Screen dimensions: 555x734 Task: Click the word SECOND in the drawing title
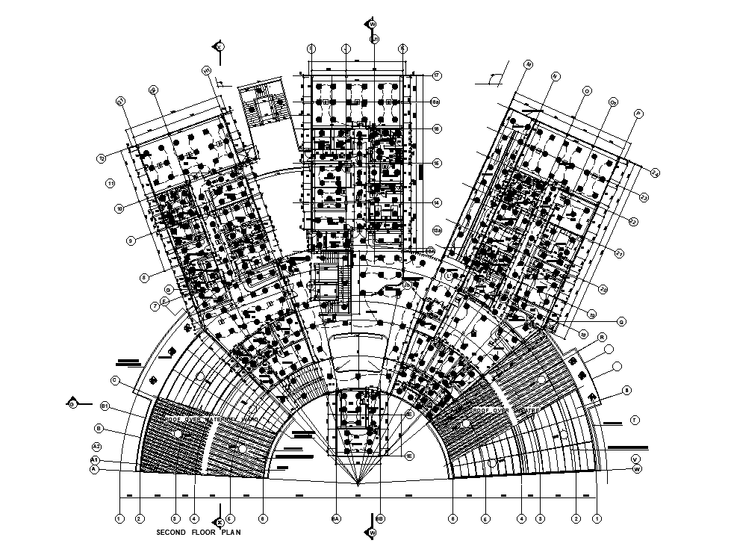(x=170, y=533)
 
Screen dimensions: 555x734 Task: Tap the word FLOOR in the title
(x=204, y=533)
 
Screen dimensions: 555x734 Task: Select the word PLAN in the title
(x=231, y=533)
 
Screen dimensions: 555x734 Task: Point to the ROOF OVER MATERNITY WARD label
(x=211, y=421)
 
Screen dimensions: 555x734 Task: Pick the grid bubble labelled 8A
(x=336, y=518)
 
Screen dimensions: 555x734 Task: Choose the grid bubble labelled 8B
(x=380, y=518)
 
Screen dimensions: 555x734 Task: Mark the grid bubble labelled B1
(x=105, y=406)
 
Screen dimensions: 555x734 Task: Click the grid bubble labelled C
(x=116, y=380)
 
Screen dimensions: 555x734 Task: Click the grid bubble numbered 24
(x=655, y=173)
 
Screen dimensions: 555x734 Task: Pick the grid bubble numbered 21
(x=619, y=254)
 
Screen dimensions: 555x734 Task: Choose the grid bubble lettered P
(x=638, y=114)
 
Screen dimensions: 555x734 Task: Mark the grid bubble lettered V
(x=635, y=459)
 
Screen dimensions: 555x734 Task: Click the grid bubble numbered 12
(x=102, y=158)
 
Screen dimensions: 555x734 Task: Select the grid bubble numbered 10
(x=119, y=208)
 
